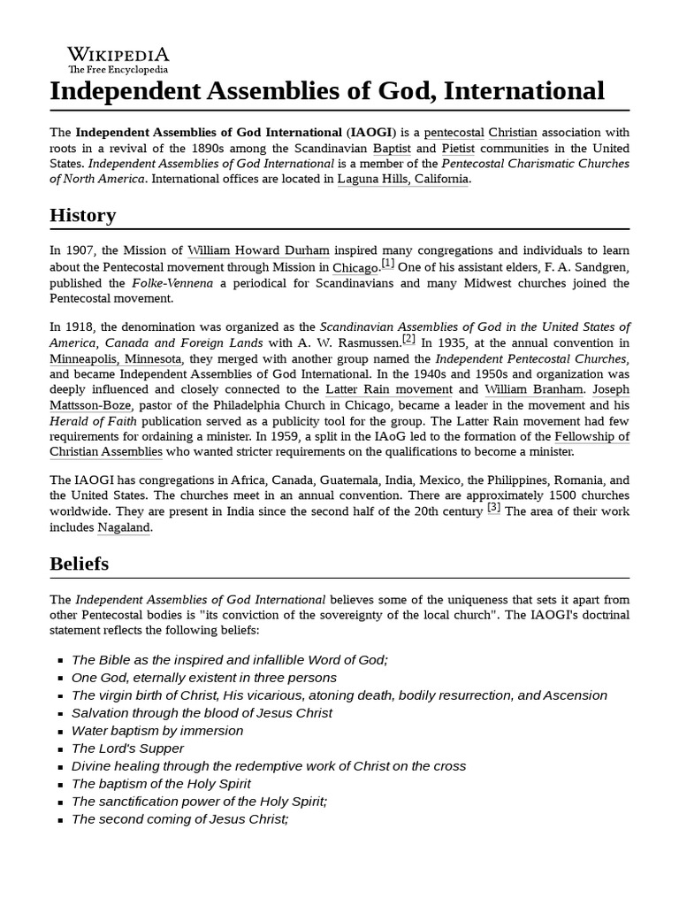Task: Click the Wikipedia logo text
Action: (x=118, y=54)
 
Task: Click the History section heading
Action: (x=82, y=215)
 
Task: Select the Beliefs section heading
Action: (x=79, y=563)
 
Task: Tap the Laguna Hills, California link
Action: (x=403, y=179)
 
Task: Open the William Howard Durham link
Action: (x=258, y=250)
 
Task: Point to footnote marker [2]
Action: (x=408, y=339)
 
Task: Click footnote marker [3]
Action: (x=494, y=508)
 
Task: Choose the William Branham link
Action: (x=533, y=388)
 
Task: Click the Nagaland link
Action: (x=124, y=527)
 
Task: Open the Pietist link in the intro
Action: (x=460, y=148)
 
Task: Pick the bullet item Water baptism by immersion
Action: (x=157, y=731)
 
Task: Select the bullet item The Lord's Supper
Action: (x=127, y=749)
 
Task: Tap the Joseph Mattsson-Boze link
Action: (x=610, y=388)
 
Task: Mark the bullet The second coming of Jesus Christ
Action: (x=179, y=819)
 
